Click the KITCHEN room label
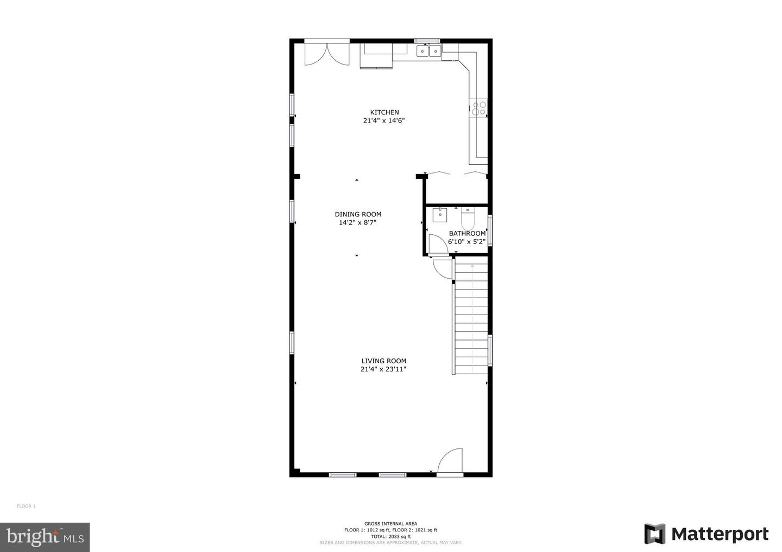point(384,112)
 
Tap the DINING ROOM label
point(358,214)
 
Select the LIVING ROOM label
point(384,361)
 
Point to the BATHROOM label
point(467,234)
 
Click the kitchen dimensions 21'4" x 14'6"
point(384,121)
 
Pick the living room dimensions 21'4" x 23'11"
point(383,369)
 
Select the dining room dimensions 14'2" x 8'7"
point(357,222)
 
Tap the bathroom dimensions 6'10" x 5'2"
point(466,242)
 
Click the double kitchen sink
point(429,52)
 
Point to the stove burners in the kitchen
point(478,108)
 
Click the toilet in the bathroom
point(468,219)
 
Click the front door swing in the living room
point(451,461)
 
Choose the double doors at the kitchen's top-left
point(327,54)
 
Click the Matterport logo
point(707,534)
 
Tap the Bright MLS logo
point(45,537)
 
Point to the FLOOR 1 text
point(26,506)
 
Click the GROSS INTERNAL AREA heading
point(390,524)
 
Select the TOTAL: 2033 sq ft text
point(390,536)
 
